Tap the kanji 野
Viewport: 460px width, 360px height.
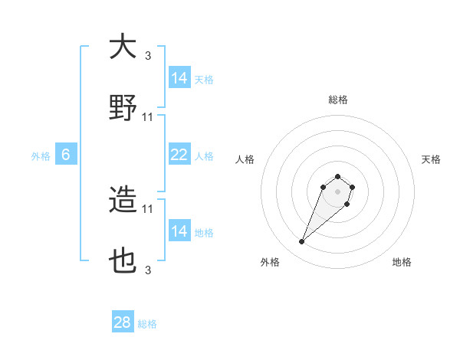(123, 109)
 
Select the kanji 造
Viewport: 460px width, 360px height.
(123, 201)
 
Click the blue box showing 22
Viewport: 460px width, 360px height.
(179, 154)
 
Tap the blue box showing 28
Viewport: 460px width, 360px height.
(123, 322)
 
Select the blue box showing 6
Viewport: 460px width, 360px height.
(65, 155)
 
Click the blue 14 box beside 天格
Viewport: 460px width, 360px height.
(179, 78)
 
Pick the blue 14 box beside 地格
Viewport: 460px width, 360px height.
(179, 231)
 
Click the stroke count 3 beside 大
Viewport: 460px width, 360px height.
(148, 55)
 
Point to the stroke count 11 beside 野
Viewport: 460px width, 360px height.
(148, 117)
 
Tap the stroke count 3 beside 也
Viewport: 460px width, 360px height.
(148, 270)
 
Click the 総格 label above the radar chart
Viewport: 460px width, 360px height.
(337, 100)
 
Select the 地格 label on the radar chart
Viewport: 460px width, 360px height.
(402, 262)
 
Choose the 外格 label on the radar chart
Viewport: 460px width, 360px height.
(270, 262)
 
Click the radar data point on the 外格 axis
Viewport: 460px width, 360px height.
(302, 242)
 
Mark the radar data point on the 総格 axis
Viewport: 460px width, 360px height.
(337, 175)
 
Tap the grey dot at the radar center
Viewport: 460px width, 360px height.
(337, 191)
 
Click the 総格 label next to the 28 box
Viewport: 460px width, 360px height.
(147, 324)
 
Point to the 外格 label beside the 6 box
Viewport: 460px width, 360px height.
(41, 155)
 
